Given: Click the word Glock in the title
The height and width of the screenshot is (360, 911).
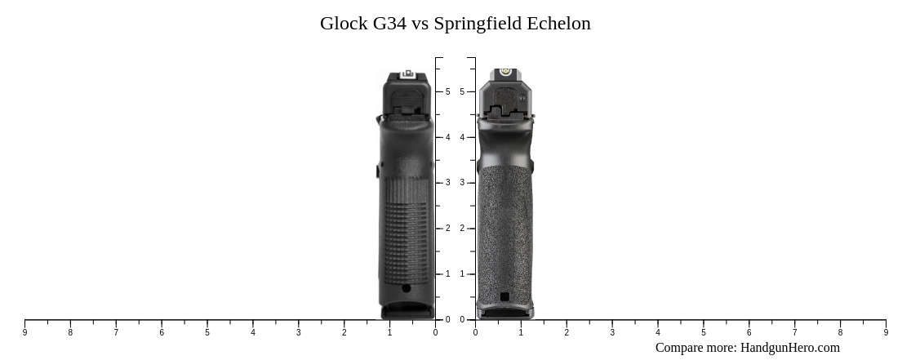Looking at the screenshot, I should coord(344,24).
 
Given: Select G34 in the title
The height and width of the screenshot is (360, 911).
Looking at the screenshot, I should coord(389,24).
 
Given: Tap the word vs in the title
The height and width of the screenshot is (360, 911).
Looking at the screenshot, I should coord(420,24).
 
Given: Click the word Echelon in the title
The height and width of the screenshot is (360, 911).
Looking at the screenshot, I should coord(558,24).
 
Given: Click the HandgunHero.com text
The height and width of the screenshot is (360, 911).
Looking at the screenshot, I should coord(789,348).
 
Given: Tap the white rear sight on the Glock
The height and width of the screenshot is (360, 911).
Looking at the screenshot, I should coord(407,74).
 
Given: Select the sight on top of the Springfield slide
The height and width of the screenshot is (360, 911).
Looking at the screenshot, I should coord(505,72).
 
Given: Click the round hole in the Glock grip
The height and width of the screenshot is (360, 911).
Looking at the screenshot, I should coord(407,288).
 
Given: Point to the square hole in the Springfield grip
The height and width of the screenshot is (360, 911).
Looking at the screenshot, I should coord(504,296).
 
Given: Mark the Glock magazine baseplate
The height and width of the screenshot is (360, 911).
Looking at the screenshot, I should coord(407,311).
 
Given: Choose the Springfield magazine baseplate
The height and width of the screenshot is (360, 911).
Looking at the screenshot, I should coord(505,312).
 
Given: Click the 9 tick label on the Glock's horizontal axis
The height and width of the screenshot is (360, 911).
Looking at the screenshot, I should coord(24,332).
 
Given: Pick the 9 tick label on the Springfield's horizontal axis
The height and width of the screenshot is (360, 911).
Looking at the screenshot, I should coord(886,332).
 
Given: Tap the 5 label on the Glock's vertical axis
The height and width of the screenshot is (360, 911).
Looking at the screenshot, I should coord(447,92).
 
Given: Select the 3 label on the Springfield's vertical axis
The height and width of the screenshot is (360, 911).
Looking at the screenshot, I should coord(462,183).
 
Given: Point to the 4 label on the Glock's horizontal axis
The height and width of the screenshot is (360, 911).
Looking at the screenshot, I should coord(253,332).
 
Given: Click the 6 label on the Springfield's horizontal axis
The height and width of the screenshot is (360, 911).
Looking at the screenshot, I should coord(749,332).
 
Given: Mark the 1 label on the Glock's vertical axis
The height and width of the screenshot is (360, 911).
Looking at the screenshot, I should coord(447,274).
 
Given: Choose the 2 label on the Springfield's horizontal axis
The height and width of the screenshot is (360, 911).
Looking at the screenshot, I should coord(567,332).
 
